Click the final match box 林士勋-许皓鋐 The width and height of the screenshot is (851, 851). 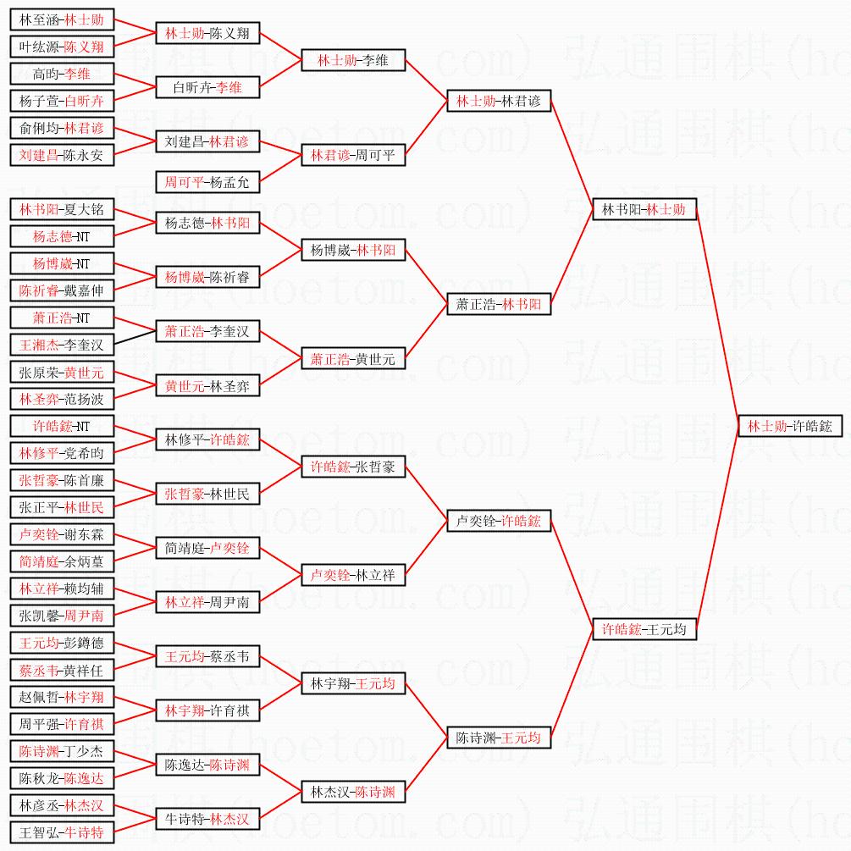coord(790,427)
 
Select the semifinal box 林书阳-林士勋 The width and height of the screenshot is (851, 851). coord(644,209)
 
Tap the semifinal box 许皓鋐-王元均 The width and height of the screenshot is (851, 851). coord(644,629)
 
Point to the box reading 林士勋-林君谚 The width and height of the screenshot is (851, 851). coord(499,102)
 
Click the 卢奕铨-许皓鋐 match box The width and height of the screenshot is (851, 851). coord(499,522)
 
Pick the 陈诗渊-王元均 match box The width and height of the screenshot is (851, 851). coord(499,738)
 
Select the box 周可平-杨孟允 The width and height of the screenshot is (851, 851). coord(207,182)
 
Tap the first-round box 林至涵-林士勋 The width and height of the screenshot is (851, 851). coord(61,19)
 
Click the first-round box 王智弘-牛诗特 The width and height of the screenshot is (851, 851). coord(61,832)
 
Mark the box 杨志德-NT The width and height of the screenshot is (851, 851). coord(61,237)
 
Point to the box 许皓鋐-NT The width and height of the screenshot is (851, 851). coord(61,426)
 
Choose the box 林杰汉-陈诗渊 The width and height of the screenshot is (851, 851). coord(353,792)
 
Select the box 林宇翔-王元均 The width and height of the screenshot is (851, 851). coord(353,683)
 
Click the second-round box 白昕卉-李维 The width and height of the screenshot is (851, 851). coord(207,87)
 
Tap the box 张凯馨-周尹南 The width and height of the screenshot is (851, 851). coord(61,616)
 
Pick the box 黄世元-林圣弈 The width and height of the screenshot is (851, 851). coord(207,386)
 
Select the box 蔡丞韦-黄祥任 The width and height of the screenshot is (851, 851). coord(61,670)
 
